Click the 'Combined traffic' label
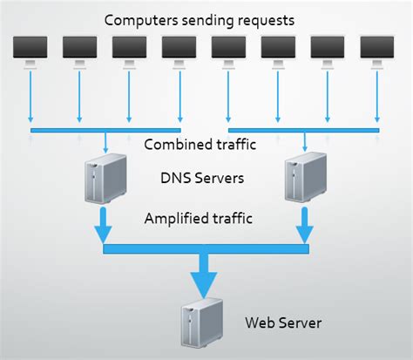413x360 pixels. [200, 145]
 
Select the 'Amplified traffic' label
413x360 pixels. [200, 217]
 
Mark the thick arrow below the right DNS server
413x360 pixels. [306, 225]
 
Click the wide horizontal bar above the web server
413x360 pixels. [206, 250]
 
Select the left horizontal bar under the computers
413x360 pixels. [105, 131]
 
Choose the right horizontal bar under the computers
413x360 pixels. [304, 131]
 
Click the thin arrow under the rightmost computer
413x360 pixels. [378, 96]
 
